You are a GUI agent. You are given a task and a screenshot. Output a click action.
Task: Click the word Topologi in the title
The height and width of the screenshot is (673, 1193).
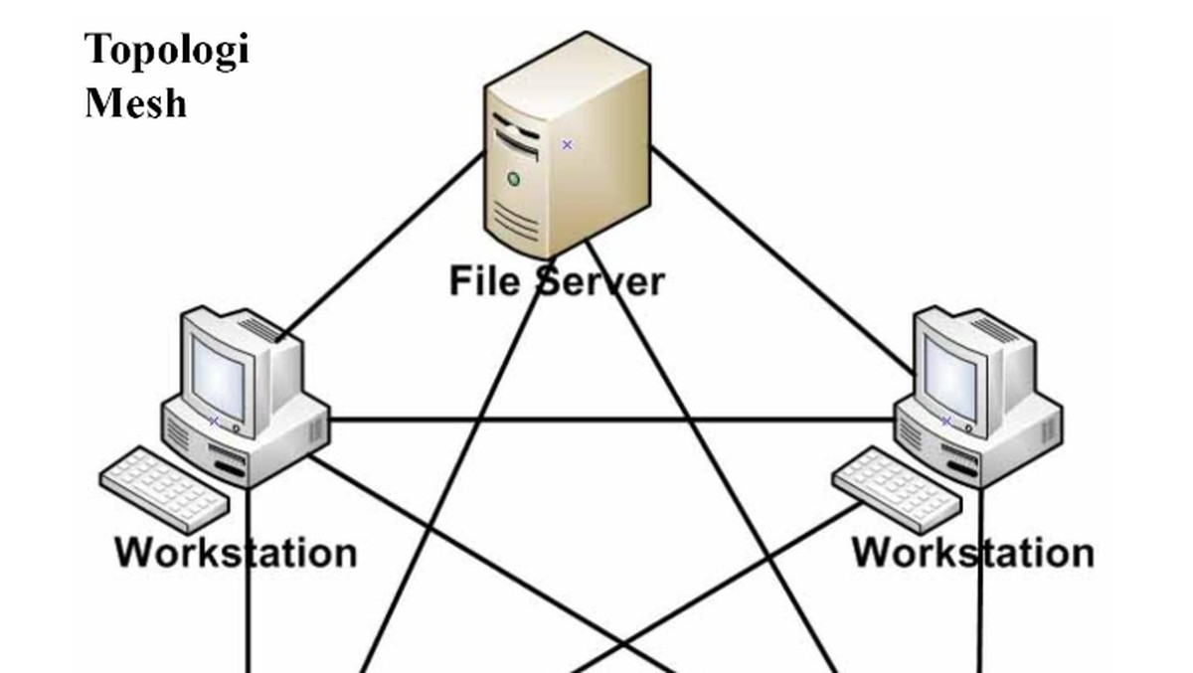[166, 50]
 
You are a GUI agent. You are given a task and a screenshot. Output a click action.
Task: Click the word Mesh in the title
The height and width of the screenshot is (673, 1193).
[135, 101]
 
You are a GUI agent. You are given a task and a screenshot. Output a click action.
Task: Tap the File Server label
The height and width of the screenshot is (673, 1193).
[556, 280]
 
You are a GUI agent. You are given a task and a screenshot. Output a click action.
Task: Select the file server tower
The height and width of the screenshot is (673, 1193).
[567, 149]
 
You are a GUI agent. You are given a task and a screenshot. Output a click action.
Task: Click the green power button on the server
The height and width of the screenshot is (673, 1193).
[513, 179]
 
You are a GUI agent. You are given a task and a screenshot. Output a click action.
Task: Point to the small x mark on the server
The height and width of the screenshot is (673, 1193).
[567, 144]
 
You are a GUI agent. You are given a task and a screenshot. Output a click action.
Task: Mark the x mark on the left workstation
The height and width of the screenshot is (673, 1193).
[213, 421]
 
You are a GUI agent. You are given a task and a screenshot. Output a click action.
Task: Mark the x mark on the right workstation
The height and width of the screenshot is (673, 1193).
[945, 421]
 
